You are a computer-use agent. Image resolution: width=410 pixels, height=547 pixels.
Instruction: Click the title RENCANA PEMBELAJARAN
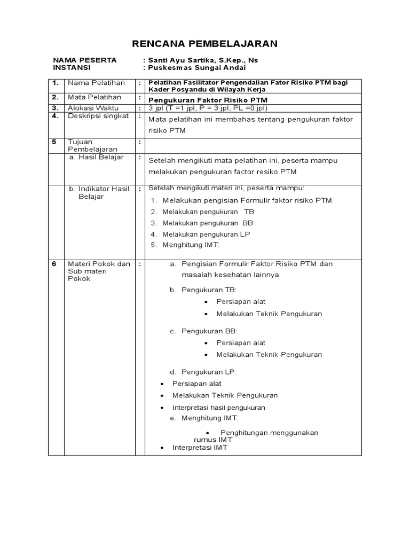[205, 43]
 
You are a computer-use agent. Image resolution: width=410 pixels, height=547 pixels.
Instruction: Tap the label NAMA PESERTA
[84, 60]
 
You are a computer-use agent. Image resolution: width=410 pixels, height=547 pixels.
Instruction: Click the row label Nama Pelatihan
[96, 83]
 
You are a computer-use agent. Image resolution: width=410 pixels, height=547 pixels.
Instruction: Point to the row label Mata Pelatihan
[94, 97]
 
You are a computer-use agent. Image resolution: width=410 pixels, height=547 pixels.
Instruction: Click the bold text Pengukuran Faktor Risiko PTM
[208, 100]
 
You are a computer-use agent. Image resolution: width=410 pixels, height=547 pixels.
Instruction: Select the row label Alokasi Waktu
[93, 107]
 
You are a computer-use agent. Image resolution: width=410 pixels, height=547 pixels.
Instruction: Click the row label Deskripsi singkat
[98, 116]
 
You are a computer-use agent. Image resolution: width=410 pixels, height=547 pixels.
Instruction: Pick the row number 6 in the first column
[53, 264]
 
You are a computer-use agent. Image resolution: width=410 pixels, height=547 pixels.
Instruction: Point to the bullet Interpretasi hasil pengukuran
[218, 408]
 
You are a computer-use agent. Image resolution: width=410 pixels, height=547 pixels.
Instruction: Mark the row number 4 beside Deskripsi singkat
[54, 116]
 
